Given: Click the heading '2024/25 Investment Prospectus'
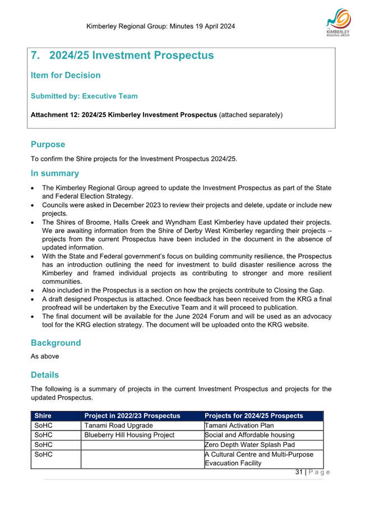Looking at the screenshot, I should click(x=131, y=55).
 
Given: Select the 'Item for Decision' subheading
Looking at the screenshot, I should click(x=66, y=76).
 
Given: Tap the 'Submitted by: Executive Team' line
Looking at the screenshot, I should click(x=84, y=96).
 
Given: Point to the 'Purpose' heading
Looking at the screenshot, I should click(x=48, y=144).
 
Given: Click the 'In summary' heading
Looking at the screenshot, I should click(x=54, y=173).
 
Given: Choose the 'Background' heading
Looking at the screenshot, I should click(x=55, y=342).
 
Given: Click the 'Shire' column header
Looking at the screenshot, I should click(x=43, y=416).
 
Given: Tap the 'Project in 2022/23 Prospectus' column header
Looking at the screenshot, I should click(x=132, y=416).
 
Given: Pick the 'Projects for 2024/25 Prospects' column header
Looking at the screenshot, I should click(x=254, y=416).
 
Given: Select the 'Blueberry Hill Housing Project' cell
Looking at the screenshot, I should click(x=129, y=435).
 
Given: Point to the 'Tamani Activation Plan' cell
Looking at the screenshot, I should click(x=240, y=425).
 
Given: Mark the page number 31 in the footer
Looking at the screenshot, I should click(x=299, y=472).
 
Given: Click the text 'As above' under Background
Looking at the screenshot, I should click(x=44, y=356).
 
